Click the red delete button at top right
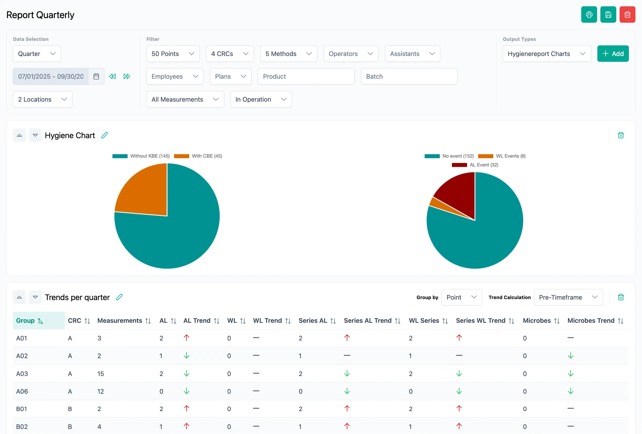pos(627,15)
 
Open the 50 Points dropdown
pos(173,54)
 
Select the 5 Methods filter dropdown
pos(288,54)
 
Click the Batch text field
pos(409,76)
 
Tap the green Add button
pos(613,54)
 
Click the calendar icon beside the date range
pos(96,76)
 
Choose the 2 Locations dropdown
pos(42,99)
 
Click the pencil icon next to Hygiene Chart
pos(104,135)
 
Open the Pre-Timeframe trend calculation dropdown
pos(568,297)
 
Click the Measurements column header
pos(120,321)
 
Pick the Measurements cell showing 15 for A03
pos(101,374)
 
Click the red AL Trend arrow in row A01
pos(186,338)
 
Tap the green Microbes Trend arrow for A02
pos(570,356)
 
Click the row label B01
pos(21,409)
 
